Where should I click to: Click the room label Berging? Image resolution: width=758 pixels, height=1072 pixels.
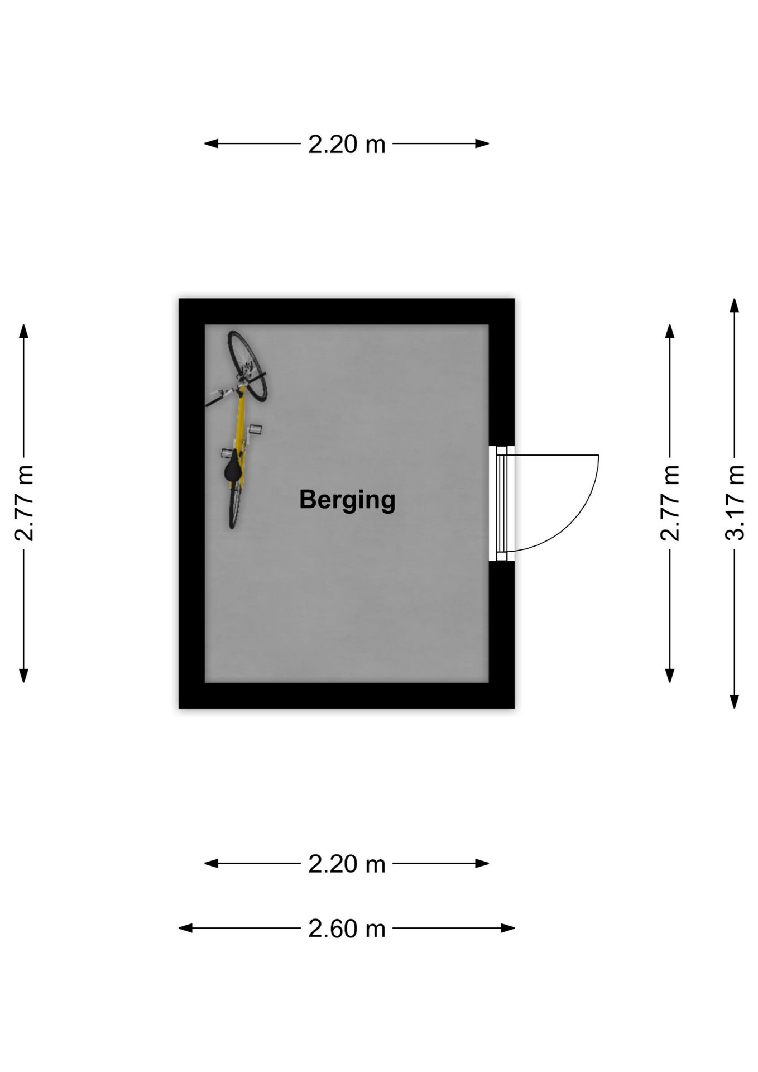[x=347, y=500]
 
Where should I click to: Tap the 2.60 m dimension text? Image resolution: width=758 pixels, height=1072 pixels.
[x=347, y=929]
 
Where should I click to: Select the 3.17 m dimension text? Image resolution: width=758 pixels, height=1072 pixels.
[x=735, y=503]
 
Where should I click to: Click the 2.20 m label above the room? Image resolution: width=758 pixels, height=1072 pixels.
[x=347, y=144]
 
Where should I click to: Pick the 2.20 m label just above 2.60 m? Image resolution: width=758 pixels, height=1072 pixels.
[x=347, y=864]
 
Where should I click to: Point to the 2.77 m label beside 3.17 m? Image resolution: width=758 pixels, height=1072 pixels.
[x=670, y=503]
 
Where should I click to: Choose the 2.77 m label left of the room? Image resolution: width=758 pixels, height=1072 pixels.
[x=23, y=503]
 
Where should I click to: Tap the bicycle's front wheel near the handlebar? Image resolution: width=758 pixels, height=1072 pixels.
[x=247, y=366]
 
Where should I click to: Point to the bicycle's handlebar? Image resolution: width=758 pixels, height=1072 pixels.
[x=236, y=389]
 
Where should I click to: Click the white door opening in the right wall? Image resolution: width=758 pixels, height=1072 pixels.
[x=501, y=503]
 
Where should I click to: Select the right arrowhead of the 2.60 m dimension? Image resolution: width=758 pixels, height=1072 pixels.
[x=508, y=929]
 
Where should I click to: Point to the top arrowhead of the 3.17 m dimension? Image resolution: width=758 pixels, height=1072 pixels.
[x=735, y=305]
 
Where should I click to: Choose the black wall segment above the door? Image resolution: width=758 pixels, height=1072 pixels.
[x=501, y=385]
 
